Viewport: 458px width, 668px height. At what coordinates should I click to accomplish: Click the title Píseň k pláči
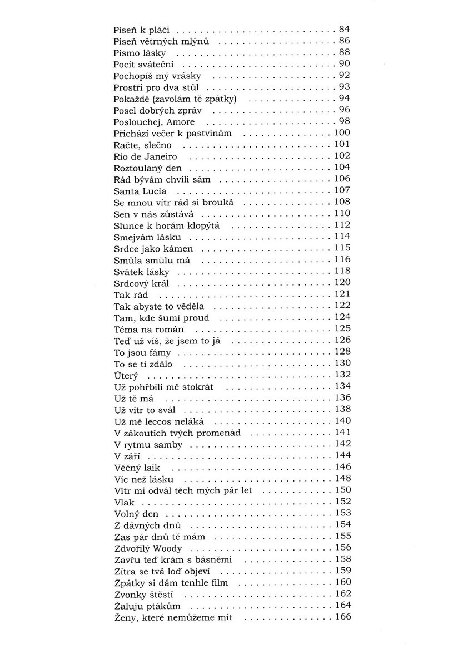point(141,28)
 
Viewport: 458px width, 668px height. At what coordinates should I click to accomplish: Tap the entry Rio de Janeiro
point(145,157)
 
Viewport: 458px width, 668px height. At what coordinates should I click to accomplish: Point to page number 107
point(342,191)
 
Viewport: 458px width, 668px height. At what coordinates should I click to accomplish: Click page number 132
point(342,375)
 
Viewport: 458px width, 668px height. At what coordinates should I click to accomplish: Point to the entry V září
point(125,456)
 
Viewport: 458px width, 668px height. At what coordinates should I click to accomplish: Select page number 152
point(342,502)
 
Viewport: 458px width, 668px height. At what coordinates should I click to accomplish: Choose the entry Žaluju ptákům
point(147,606)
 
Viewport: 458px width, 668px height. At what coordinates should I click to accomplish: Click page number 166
point(342,617)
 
